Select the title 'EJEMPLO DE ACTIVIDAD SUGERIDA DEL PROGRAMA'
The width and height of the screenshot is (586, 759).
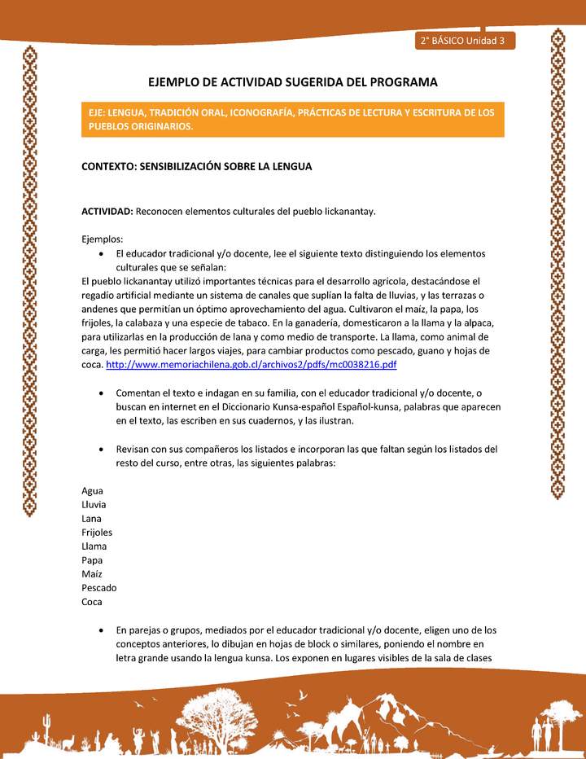pos(292,82)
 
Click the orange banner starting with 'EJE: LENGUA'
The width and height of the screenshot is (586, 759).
pos(293,119)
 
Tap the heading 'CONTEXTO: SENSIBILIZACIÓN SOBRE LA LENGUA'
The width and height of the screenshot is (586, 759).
pos(197,166)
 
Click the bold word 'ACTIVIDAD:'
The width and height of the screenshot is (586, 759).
pos(107,211)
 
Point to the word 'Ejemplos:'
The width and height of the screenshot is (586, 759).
pos(103,239)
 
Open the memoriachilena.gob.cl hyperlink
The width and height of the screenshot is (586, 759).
pos(251,364)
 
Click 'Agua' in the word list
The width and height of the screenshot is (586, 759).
pos(93,491)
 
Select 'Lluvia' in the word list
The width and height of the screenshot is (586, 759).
pos(94,505)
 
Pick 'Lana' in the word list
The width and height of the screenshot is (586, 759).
pos(93,519)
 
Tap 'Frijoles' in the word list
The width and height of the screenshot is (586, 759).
pos(98,533)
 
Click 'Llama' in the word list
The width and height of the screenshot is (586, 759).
pos(94,546)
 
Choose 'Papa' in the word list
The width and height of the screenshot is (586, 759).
pos(92,560)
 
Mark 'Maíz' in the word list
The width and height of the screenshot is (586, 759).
pos(93,574)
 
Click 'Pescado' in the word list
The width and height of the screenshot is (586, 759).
pos(99,588)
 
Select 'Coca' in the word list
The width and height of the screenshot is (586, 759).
pos(93,602)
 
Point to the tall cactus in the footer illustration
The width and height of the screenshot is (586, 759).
pos(48,725)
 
